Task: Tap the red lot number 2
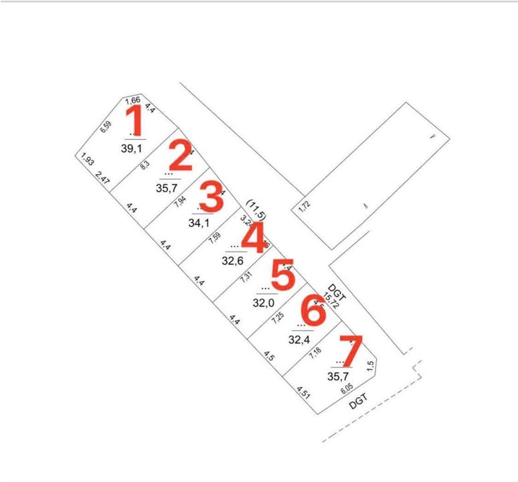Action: (x=179, y=155)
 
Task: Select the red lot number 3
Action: (x=211, y=198)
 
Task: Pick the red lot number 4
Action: (x=253, y=239)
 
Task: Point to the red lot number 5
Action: (x=282, y=276)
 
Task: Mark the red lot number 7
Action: (x=351, y=351)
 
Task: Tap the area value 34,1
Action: (x=199, y=223)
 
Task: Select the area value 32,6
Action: (x=232, y=261)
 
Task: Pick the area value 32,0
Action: (x=264, y=303)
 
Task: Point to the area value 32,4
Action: (x=299, y=339)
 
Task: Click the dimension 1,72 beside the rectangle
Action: (x=305, y=208)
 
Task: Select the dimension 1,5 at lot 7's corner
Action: (x=370, y=366)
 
